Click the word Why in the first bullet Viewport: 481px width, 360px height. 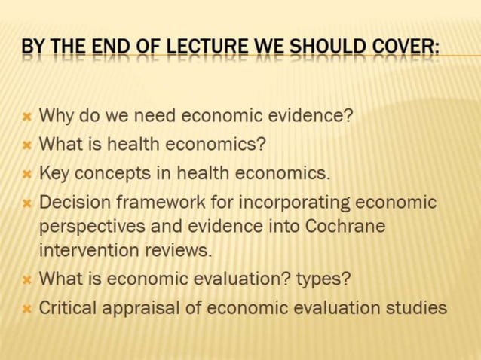(55, 117)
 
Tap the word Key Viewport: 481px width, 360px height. (54, 174)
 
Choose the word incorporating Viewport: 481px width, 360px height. (285, 203)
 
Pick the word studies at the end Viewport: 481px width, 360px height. (419, 307)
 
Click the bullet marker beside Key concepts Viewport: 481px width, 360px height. (27, 175)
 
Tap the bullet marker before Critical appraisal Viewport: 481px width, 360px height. (27, 308)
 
